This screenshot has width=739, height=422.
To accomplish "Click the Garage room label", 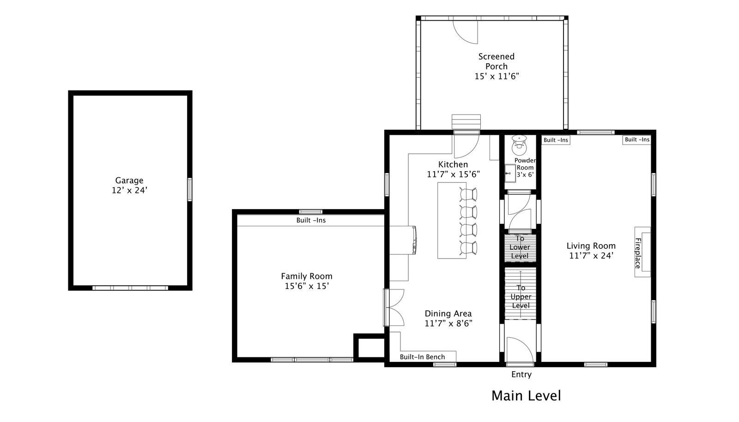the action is pos(129,181).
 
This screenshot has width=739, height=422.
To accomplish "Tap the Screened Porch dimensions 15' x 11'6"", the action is pos(497,76).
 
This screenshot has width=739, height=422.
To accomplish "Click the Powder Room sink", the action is pos(510,173).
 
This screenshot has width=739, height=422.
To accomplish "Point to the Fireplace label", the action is pos(638,253).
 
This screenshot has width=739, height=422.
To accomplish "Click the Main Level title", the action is pos(526,396).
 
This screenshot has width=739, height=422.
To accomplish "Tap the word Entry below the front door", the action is pos(521,374).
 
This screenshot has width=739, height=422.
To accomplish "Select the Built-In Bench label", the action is pos(422,357).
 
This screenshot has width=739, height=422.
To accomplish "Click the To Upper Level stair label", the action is pos(521,297).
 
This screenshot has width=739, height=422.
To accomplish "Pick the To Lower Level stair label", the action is pos(520,247).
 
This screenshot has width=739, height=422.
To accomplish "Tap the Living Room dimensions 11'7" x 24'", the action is pos(591,255).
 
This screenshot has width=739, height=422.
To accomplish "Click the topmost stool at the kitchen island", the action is pos(468,194).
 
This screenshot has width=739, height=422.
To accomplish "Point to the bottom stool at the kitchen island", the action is pos(468,248).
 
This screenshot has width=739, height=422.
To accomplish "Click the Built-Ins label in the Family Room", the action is pos(311,220).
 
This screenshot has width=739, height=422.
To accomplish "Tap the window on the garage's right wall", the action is pos(190,189).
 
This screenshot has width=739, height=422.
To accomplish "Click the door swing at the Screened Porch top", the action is pos(465,32).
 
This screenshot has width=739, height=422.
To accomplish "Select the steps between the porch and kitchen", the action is pos(466,122).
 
